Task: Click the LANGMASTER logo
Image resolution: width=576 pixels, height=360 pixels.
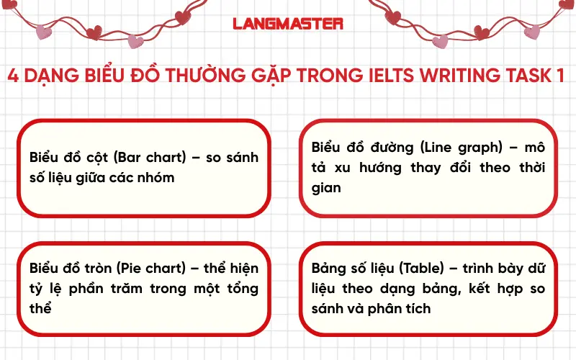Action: point(288,23)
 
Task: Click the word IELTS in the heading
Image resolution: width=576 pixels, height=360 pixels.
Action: point(394,76)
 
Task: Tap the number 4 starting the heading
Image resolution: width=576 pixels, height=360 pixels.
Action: point(12,76)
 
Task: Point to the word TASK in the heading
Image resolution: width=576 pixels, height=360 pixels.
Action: point(529,76)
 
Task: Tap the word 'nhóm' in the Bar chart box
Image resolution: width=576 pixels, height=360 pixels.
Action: point(157,177)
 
